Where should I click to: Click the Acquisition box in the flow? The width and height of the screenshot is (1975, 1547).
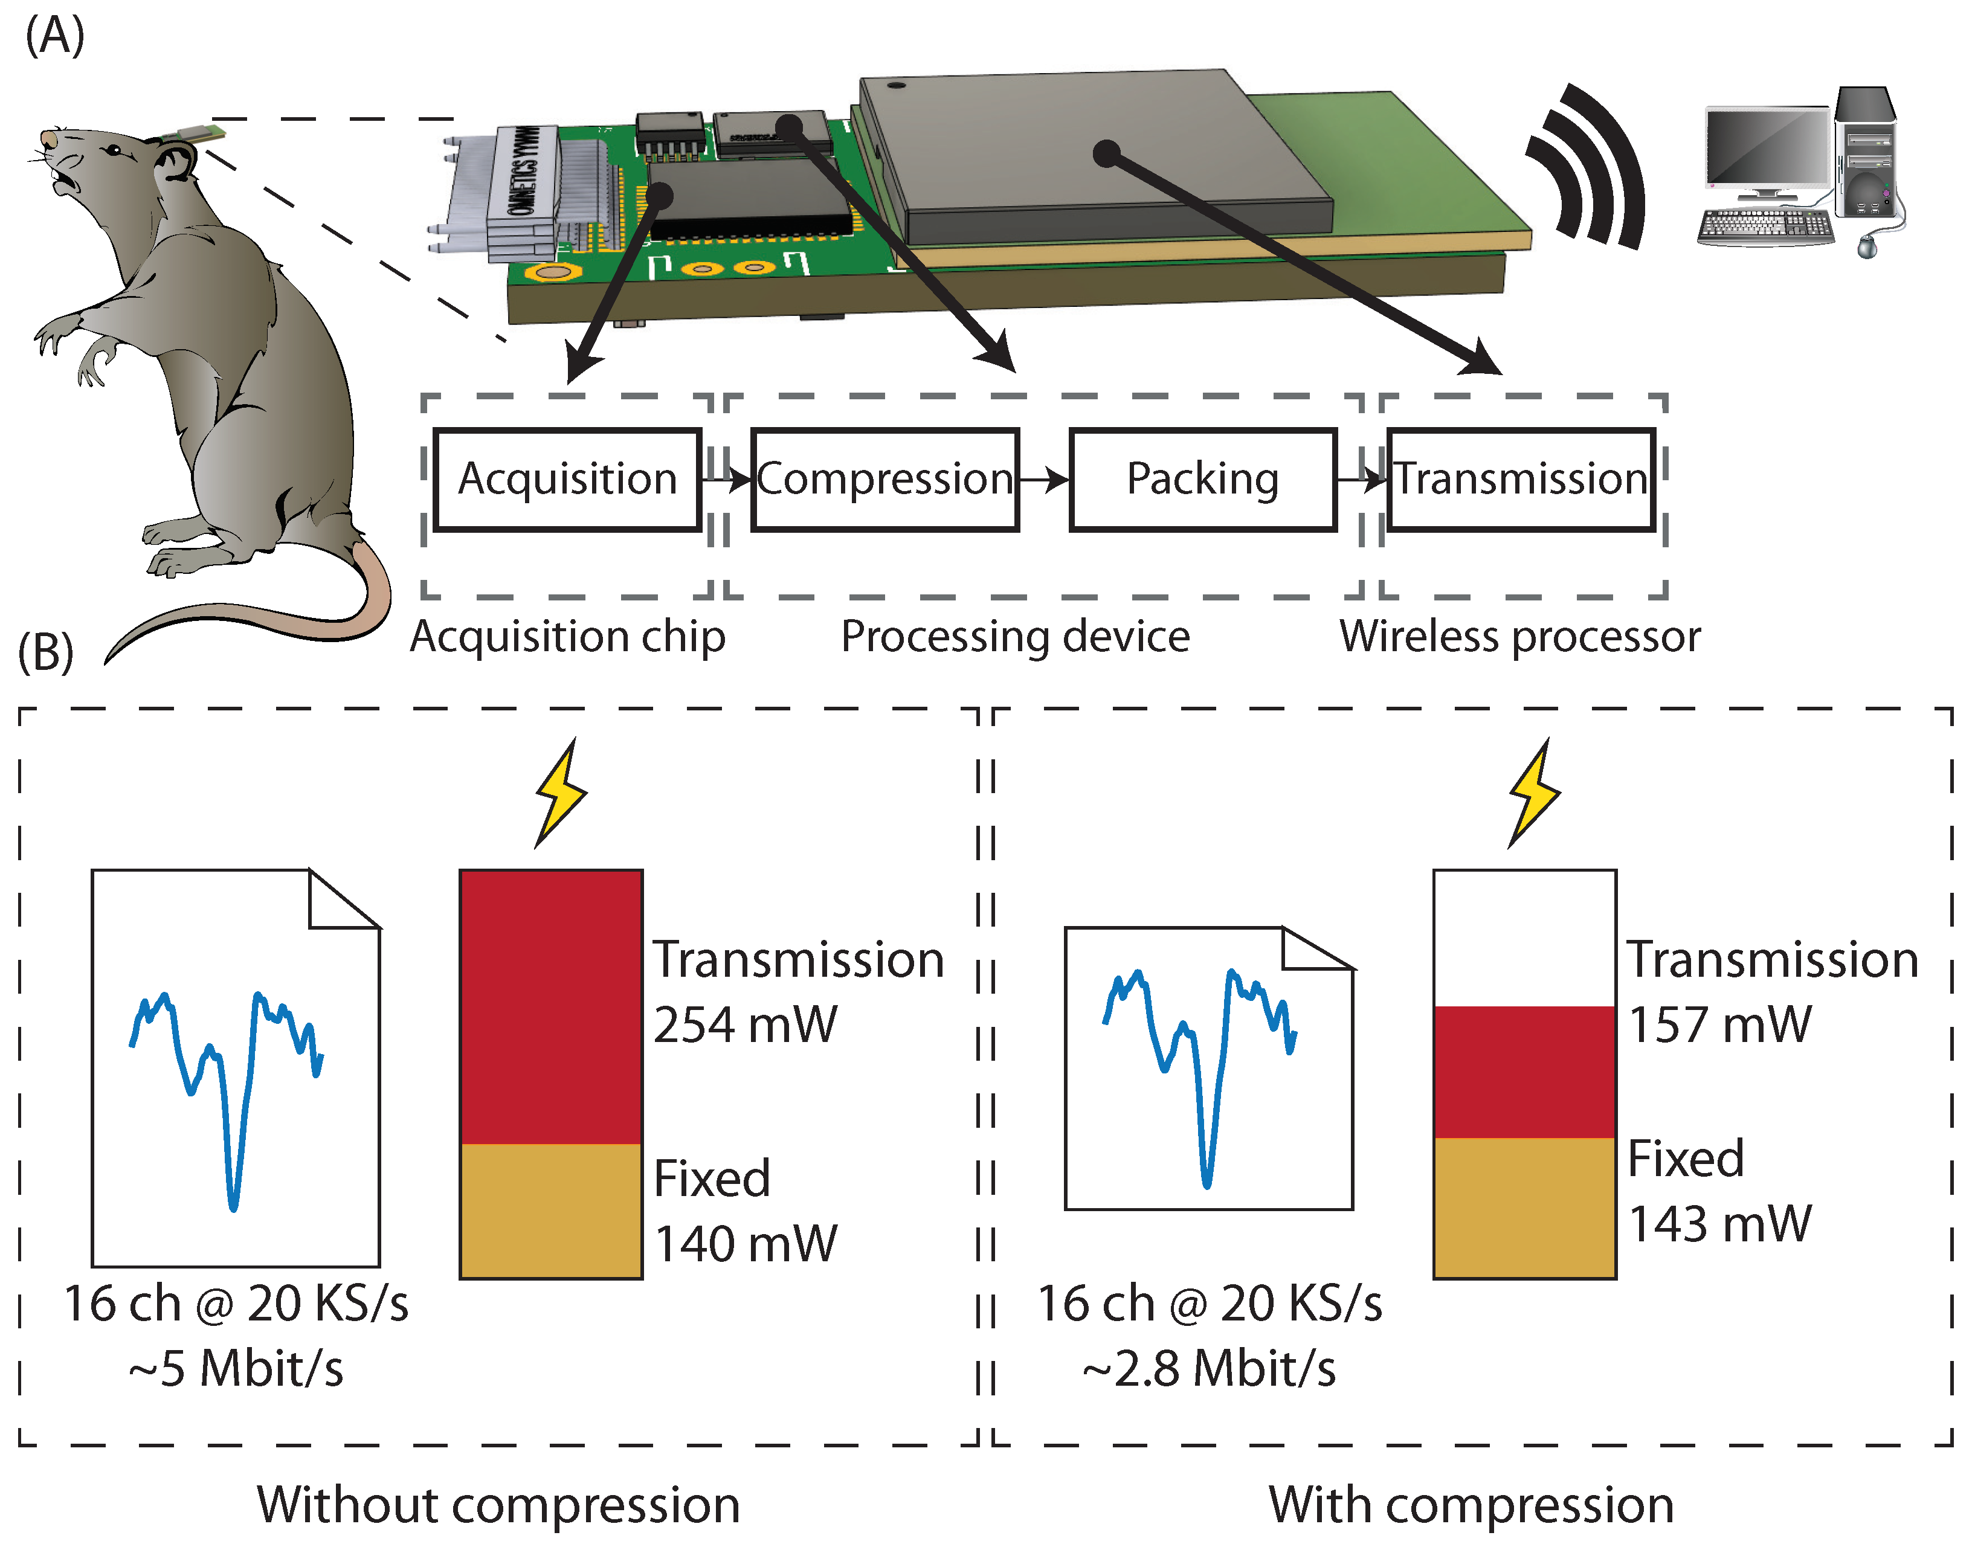[x=567, y=479]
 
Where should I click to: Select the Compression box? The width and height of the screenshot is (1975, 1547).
[x=885, y=479]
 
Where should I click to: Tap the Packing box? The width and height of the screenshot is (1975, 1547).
[x=1202, y=479]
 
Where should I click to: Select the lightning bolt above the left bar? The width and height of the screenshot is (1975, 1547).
[x=561, y=793]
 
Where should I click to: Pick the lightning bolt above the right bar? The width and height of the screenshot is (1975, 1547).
[x=1534, y=793]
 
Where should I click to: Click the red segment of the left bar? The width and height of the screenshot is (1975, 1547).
[x=551, y=1005]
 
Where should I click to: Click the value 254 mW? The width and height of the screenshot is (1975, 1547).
[x=745, y=1025]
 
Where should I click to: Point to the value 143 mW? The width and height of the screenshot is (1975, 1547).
[x=1719, y=1224]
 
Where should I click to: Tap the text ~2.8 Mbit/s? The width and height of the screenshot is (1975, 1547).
[x=1208, y=1369]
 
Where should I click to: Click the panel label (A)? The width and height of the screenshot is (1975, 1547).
[x=54, y=36]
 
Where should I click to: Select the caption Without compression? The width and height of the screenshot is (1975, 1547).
[x=498, y=1505]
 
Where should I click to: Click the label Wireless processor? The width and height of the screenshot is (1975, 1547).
[x=1519, y=637]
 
